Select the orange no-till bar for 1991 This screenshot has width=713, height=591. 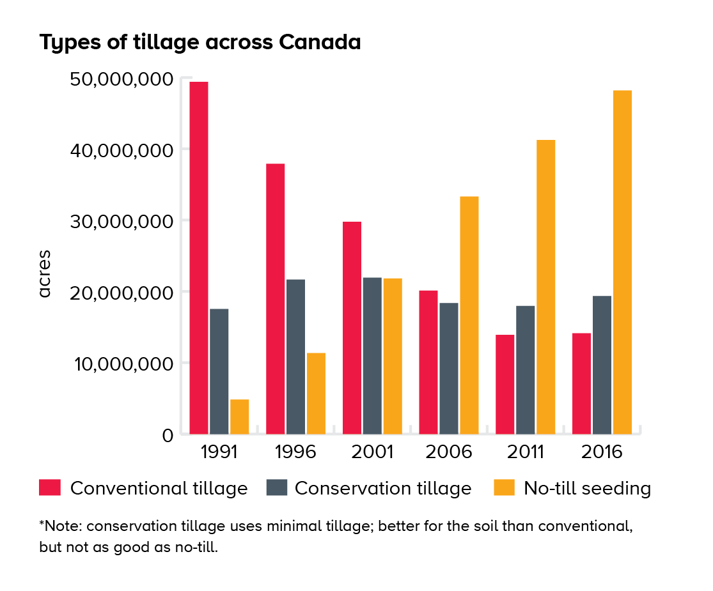pyautogui.click(x=239, y=417)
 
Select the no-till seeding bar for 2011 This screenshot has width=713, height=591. pyautogui.click(x=545, y=287)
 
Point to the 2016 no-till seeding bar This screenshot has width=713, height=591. pyautogui.click(x=622, y=262)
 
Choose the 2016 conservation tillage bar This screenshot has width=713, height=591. pyautogui.click(x=602, y=365)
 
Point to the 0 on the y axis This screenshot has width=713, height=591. pyautogui.click(x=168, y=436)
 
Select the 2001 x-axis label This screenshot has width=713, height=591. pyautogui.click(x=372, y=452)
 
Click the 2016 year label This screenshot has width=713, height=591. pyautogui.click(x=602, y=452)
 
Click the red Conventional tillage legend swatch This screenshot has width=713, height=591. pyautogui.click(x=49, y=488)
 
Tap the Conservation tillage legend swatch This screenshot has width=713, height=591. pyautogui.click(x=276, y=488)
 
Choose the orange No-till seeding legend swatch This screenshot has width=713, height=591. pyautogui.click(x=504, y=488)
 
